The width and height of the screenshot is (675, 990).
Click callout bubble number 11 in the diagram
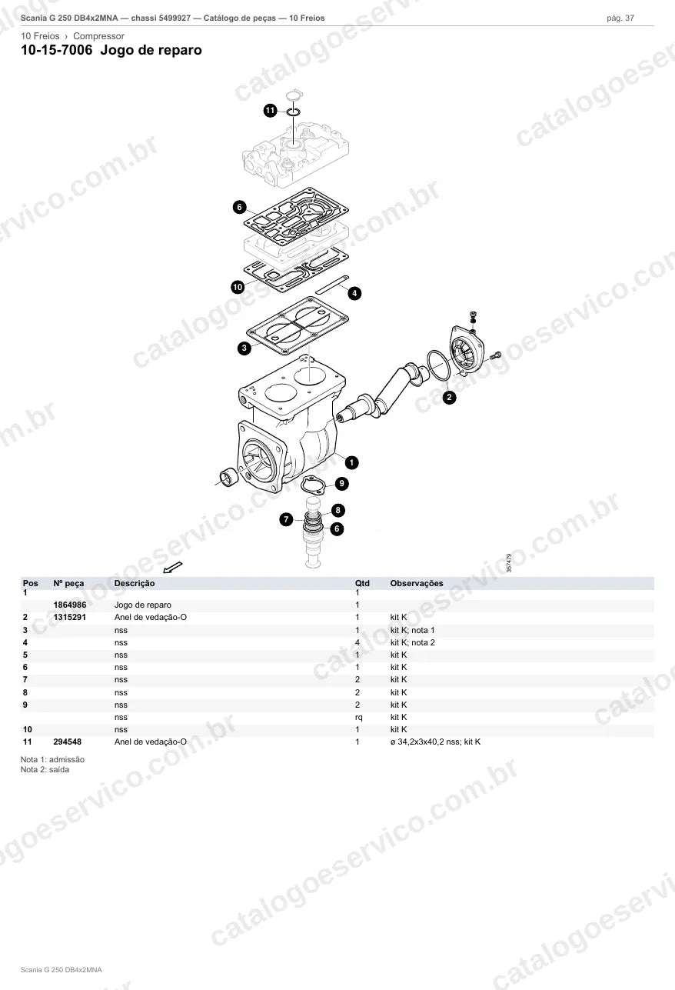270,110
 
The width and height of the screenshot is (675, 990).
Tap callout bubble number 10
238,287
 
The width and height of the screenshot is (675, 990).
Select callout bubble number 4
354,293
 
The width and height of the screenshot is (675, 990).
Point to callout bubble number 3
244,348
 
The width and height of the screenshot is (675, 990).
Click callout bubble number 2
449,397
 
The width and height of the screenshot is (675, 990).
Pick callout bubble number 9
341,484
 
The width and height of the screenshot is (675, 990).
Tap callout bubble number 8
338,510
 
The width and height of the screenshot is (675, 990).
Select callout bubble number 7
286,519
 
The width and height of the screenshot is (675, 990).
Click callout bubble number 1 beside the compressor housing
351,463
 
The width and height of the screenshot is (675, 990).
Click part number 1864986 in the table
70,605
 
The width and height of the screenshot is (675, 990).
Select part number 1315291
70,617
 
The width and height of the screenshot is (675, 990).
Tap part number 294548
68,742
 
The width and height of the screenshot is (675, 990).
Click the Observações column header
417,583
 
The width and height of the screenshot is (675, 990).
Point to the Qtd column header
362,583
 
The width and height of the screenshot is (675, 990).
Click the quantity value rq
359,718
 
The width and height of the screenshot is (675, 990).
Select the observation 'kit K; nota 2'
413,642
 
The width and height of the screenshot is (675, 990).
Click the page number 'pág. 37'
620,18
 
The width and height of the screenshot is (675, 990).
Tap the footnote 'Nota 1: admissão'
52,759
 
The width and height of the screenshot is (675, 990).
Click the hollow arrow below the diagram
173,567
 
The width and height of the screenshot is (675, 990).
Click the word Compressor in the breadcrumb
98,36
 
